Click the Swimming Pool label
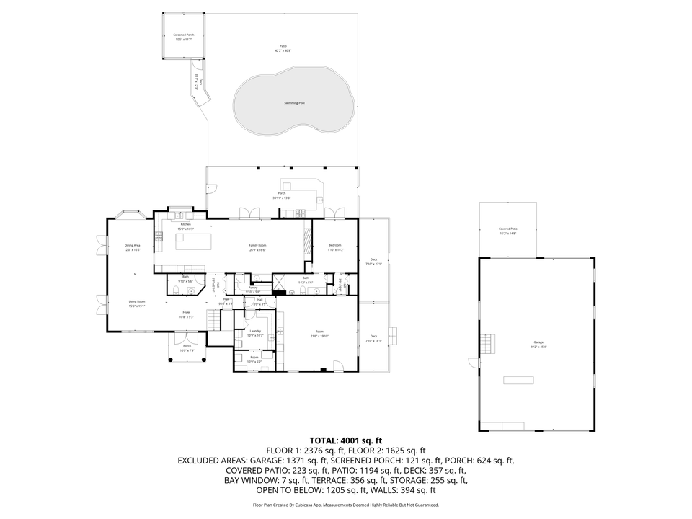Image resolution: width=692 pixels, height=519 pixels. pyautogui.click(x=293, y=103)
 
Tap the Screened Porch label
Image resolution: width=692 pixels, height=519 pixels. pyautogui.click(x=183, y=35)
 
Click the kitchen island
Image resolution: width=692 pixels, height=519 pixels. pyautogui.click(x=192, y=240)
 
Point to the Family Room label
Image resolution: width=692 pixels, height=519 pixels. pyautogui.click(x=258, y=246)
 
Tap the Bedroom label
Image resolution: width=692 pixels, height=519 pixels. pyautogui.click(x=334, y=246)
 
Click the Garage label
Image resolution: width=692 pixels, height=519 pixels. pyautogui.click(x=538, y=344)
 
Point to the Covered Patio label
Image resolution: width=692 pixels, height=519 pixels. pyautogui.click(x=508, y=229)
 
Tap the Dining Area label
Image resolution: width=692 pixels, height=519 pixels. pyautogui.click(x=132, y=246)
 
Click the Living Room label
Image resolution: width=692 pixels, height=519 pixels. pyautogui.click(x=137, y=302)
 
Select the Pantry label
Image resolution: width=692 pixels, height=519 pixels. pyautogui.click(x=253, y=288)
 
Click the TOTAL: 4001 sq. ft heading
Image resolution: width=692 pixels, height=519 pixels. pyautogui.click(x=345, y=440)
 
